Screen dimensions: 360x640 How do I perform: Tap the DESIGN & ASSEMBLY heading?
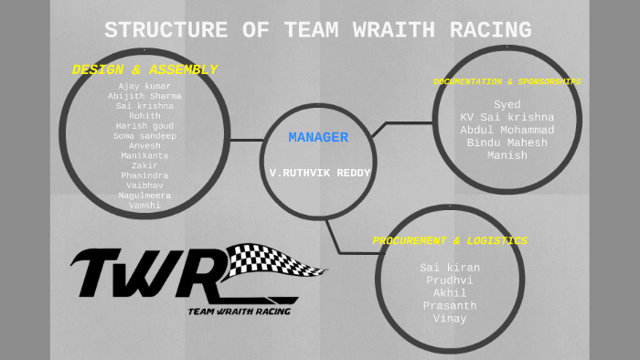144,69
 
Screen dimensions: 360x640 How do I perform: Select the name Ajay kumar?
144,86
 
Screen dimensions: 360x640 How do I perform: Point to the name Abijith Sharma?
144,96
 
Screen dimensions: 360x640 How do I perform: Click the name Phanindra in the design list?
144,175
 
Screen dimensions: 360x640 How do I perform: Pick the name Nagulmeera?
144,196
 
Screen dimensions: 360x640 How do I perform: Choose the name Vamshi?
144,206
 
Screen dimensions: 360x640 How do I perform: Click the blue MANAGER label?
318,138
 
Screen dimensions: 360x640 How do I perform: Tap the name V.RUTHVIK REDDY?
318,172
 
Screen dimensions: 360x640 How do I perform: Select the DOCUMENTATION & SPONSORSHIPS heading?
507,81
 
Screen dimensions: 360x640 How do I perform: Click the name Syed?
507,104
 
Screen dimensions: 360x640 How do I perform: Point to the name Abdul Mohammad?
507,130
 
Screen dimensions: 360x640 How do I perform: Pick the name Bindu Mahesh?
507,143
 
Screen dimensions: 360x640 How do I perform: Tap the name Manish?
507,155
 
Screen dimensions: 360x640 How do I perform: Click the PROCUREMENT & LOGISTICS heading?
450,241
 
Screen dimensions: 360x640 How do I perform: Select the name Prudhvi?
450,281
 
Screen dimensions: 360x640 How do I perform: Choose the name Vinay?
450,319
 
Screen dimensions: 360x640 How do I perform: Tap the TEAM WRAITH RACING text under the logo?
240,312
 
